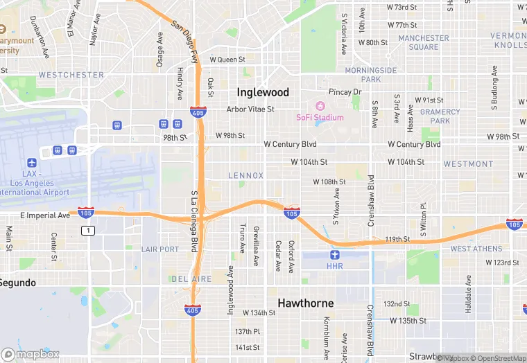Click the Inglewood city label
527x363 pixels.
(263, 92)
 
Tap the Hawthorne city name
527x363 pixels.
(306, 303)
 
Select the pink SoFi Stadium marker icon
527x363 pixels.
(320, 106)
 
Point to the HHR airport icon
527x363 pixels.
(335, 255)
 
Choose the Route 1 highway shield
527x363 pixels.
(87, 230)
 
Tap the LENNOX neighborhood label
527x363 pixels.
(246, 176)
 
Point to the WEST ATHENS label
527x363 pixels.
(476, 249)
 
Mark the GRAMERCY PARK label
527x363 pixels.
(440, 116)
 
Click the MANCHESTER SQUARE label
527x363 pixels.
(424, 42)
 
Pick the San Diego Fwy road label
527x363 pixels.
(185, 34)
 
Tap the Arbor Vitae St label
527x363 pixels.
(250, 109)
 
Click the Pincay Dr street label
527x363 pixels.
(345, 92)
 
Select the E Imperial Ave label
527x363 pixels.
(45, 215)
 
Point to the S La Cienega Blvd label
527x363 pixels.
(193, 222)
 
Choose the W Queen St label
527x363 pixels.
(227, 60)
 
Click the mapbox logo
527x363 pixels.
(31, 354)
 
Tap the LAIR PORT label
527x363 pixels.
(159, 249)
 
